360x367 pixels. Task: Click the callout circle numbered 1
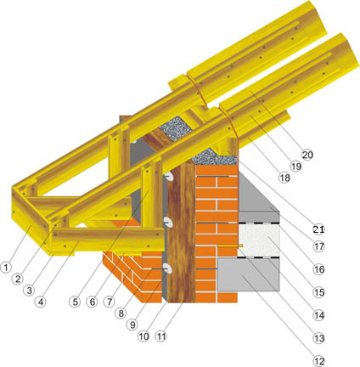point(6,268)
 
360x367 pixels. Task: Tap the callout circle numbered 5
point(75,302)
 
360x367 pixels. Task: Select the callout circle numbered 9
point(132,325)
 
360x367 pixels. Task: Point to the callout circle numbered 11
point(161,336)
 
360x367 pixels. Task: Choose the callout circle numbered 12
point(318,361)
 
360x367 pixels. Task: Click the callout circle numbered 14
point(318,315)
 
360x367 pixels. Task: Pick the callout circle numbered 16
point(319,269)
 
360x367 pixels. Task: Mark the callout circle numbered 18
point(284,178)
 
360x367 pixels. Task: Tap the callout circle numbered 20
point(307,155)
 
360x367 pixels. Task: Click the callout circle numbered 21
point(318,229)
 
